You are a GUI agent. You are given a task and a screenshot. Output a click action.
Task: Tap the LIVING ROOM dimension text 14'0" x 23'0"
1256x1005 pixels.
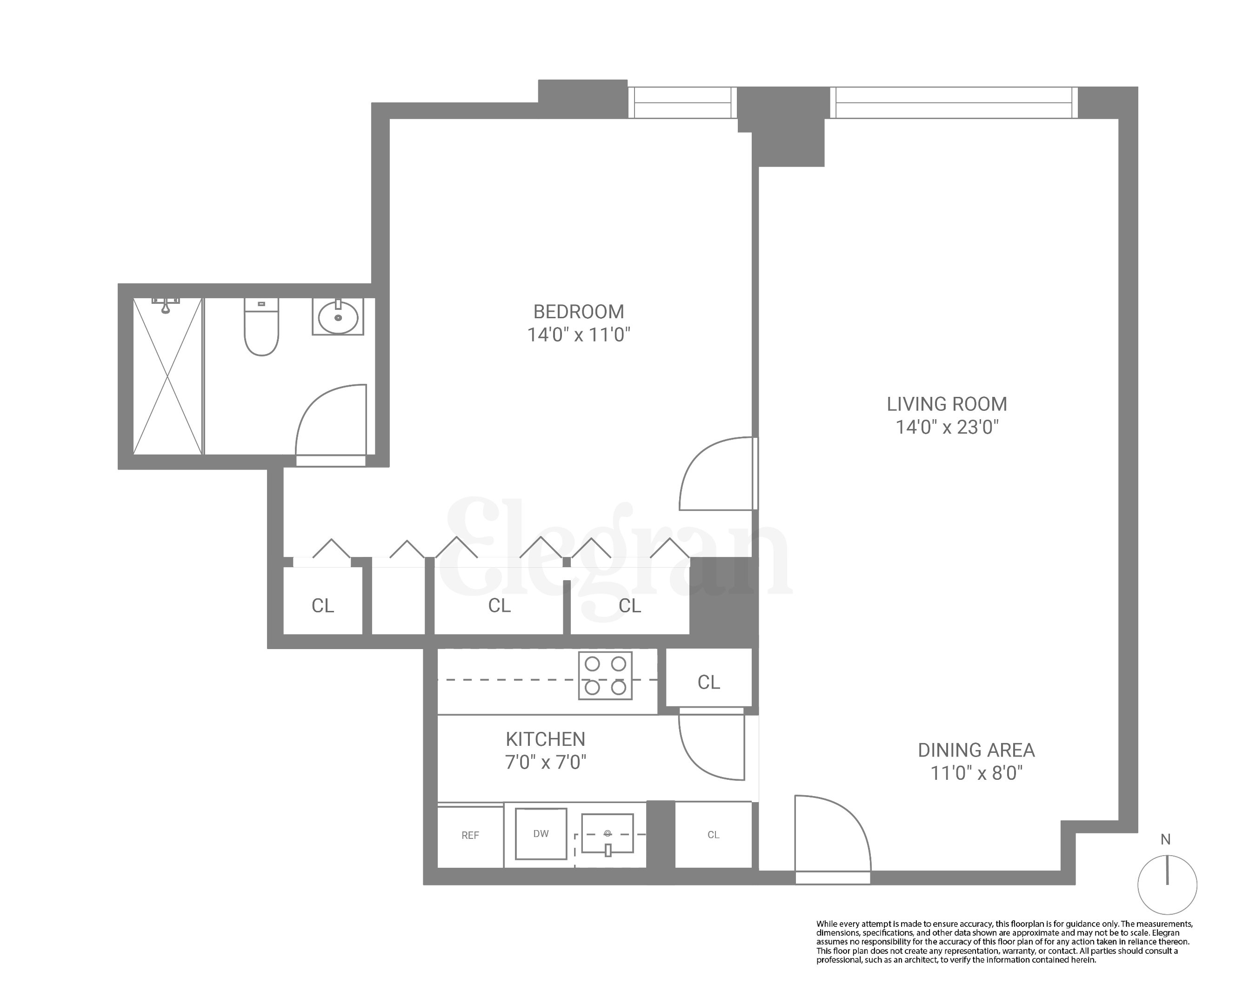[947, 427]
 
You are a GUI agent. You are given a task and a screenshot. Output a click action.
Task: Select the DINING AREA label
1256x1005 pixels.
[976, 750]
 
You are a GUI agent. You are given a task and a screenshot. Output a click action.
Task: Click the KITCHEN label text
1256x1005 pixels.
[545, 739]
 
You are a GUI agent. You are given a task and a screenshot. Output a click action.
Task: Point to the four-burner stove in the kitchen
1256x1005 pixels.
[605, 675]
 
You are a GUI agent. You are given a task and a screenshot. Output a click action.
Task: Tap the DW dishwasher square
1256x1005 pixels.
[541, 833]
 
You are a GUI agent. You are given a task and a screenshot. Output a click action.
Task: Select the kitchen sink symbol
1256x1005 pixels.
[607, 834]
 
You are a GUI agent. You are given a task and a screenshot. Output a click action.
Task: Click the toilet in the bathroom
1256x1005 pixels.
[261, 328]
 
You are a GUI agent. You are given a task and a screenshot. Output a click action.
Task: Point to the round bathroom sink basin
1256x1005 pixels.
[338, 317]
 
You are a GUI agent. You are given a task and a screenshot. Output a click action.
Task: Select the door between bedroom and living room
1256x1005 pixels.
[718, 473]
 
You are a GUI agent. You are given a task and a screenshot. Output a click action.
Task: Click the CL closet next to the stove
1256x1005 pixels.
[708, 682]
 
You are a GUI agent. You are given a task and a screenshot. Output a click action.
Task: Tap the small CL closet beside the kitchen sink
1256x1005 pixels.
[713, 834]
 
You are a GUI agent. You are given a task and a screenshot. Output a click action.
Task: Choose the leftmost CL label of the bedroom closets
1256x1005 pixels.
[323, 606]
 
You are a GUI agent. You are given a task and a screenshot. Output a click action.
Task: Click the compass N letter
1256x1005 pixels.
[1165, 839]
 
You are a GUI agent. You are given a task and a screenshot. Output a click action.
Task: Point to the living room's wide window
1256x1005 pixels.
[953, 102]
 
